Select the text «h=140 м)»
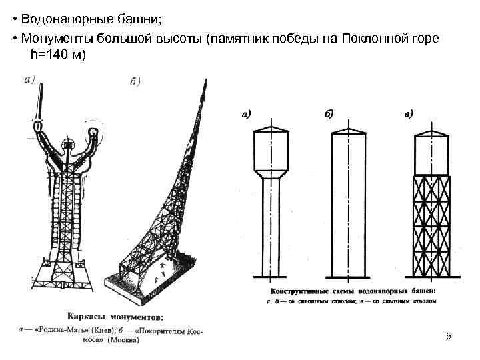coord(59,55)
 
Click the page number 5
coord(449,336)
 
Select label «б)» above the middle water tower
coord(329,114)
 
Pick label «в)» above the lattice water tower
coord(409,114)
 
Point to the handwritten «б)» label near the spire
coord(134,82)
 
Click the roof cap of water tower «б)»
coord(349,128)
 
